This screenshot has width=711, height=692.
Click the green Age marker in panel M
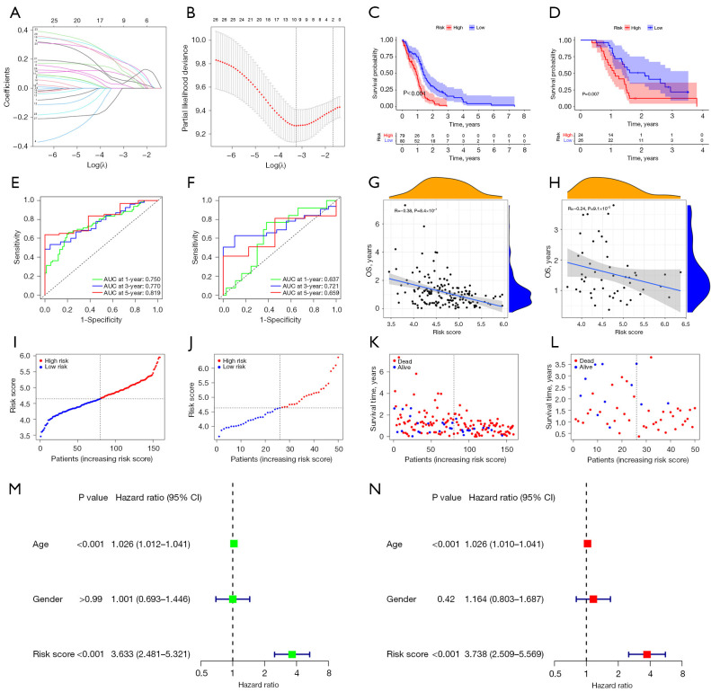234,544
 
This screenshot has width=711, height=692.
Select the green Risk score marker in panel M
291,629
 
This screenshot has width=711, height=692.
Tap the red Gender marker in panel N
592,598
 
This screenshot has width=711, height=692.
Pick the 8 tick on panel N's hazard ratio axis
682,672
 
